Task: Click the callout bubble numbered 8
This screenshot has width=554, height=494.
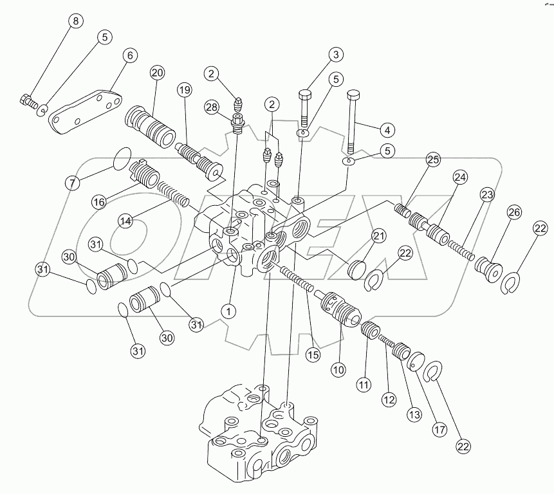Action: (77, 21)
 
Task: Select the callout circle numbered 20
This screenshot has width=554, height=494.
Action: (157, 73)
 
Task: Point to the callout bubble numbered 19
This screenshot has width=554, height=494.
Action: (185, 90)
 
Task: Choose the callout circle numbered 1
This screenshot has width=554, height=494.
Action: (227, 311)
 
